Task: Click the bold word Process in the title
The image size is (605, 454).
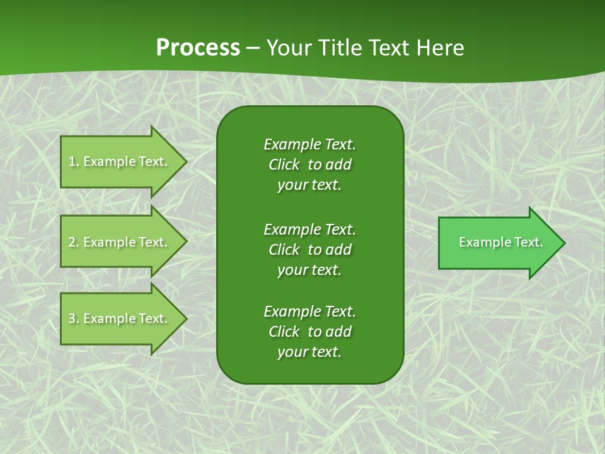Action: click(x=198, y=48)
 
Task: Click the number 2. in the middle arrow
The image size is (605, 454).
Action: click(x=74, y=242)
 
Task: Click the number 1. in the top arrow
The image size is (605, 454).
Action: click(x=74, y=161)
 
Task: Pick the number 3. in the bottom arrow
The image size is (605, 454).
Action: click(x=74, y=318)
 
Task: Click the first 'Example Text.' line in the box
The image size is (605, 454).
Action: click(x=309, y=144)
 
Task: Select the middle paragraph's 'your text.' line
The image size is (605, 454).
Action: click(x=309, y=270)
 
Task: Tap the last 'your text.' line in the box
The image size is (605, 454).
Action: click(x=309, y=352)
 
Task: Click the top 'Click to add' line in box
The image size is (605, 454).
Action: click(x=309, y=165)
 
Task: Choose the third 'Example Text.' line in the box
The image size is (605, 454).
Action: click(x=309, y=311)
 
